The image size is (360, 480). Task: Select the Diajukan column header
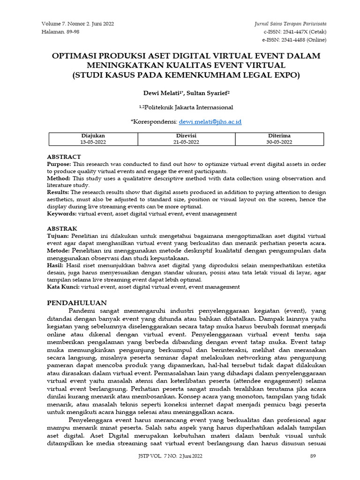93,135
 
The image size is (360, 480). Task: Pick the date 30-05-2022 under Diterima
279,142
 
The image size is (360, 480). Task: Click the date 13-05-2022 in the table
93,142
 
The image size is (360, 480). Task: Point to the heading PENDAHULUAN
77,303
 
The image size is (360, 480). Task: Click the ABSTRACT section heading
64,157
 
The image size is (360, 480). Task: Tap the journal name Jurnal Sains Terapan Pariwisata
290,24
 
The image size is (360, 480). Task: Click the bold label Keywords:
62,213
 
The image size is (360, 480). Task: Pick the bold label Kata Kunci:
63,286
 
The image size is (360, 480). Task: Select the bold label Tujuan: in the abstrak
58,235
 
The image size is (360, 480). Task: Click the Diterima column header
279,135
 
